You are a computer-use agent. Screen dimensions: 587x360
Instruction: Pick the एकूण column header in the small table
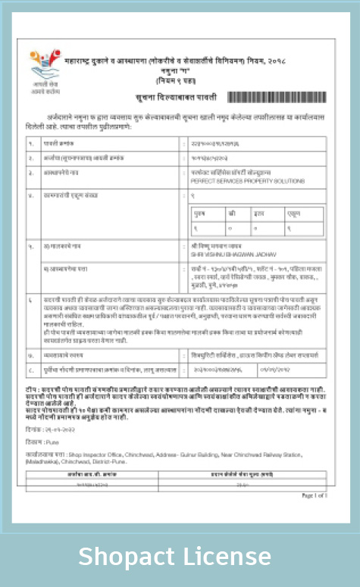point(294,214)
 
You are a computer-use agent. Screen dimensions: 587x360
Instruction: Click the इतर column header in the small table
point(260,214)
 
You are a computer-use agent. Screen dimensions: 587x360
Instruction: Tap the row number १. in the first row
point(31,142)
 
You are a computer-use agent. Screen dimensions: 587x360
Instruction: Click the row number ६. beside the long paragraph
point(31,301)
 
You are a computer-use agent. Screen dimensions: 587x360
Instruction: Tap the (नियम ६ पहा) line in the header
point(175,80)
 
